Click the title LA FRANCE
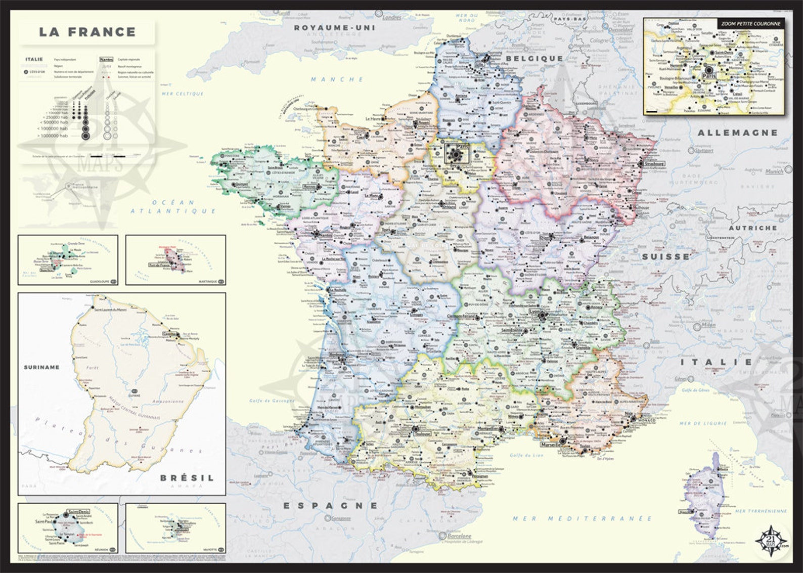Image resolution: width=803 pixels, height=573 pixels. [87, 32]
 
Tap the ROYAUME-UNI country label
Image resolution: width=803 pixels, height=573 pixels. [335, 27]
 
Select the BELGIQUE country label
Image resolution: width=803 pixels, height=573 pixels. [534, 58]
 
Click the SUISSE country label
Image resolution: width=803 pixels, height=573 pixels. [666, 256]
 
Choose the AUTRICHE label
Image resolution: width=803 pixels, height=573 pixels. [752, 228]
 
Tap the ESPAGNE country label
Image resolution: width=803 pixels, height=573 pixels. [330, 505]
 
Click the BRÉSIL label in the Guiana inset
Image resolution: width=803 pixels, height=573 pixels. [187, 477]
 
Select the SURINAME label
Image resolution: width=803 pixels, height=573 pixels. [41, 367]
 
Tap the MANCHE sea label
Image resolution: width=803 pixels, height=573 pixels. [337, 79]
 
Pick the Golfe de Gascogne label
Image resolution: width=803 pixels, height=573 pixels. [272, 401]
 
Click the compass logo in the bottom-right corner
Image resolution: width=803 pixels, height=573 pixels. [772, 541]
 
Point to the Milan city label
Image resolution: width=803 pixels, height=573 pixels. [708, 325]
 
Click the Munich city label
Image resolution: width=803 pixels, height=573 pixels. [774, 171]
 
